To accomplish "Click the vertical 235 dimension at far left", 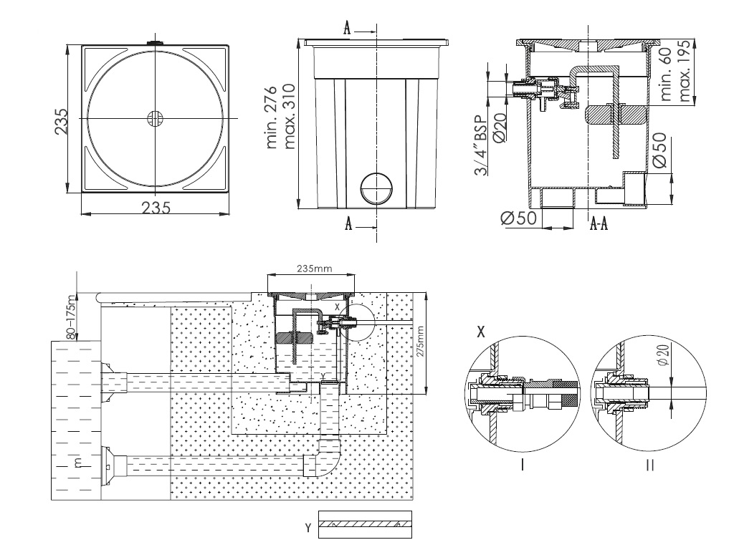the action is (x=61, y=121).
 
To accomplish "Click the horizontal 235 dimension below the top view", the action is (x=156, y=207).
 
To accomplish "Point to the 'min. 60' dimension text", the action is (x=666, y=74).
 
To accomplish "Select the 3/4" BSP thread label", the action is (x=481, y=145).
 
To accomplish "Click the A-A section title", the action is (x=599, y=224).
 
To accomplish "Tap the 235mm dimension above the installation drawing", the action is (x=314, y=269).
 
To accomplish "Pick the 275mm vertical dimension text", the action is (x=419, y=342).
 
